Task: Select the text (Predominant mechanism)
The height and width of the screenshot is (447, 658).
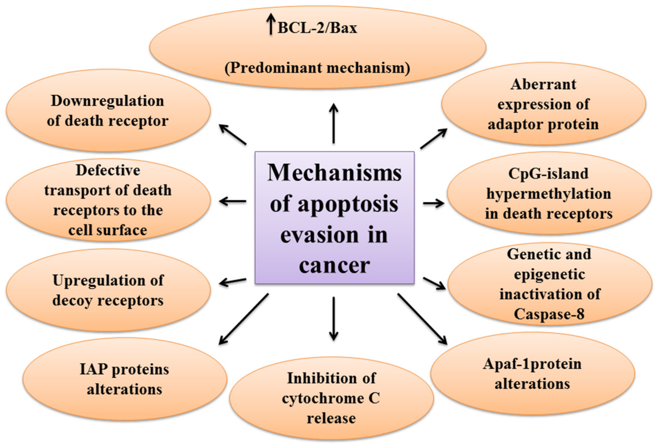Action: tap(317, 68)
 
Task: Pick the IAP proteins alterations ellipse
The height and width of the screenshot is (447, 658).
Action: tap(125, 379)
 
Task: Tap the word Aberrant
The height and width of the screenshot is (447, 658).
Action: tap(543, 84)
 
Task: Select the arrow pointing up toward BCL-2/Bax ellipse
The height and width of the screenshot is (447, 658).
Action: tap(334, 123)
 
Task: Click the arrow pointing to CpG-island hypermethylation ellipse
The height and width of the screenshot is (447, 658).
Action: tap(433, 203)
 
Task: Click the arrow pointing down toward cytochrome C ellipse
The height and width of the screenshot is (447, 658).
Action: tap(334, 318)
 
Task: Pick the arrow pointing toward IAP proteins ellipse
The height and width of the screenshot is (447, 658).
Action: tap(243, 319)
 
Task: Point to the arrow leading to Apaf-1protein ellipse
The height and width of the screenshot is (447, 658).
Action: tap(422, 319)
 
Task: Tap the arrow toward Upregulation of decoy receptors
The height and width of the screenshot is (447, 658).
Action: tap(233, 282)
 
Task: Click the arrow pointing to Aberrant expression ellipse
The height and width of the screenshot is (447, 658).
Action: tap(433, 138)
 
